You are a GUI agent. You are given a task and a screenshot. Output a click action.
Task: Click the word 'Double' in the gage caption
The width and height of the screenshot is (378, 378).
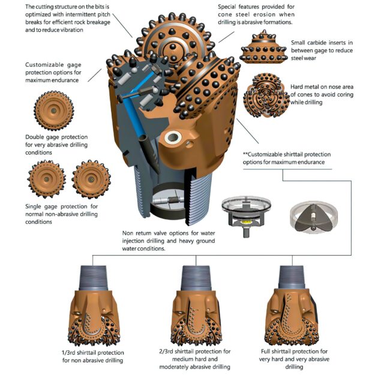(x=37, y=136)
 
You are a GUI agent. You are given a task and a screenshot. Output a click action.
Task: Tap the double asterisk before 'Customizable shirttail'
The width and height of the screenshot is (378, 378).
(x=245, y=153)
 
